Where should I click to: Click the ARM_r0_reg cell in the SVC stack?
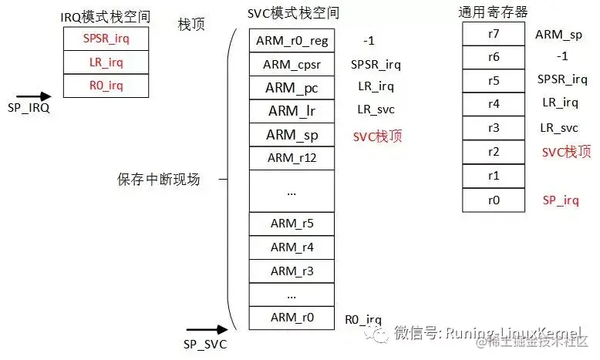pyautogui.click(x=292, y=40)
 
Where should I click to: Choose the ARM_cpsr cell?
pyautogui.click(x=292, y=65)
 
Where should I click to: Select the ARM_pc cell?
pyautogui.click(x=292, y=88)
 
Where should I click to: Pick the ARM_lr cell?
pyautogui.click(x=292, y=111)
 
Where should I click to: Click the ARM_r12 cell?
pyautogui.click(x=292, y=158)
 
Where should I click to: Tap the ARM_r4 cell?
pyautogui.click(x=292, y=247)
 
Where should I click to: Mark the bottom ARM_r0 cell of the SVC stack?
pyautogui.click(x=292, y=318)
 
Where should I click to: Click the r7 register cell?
pyautogui.click(x=494, y=34)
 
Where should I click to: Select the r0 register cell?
pyautogui.click(x=494, y=200)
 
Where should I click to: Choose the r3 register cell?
pyautogui.click(x=494, y=128)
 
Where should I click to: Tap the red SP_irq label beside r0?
pyautogui.click(x=561, y=200)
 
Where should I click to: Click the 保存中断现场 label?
pyautogui.click(x=159, y=180)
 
